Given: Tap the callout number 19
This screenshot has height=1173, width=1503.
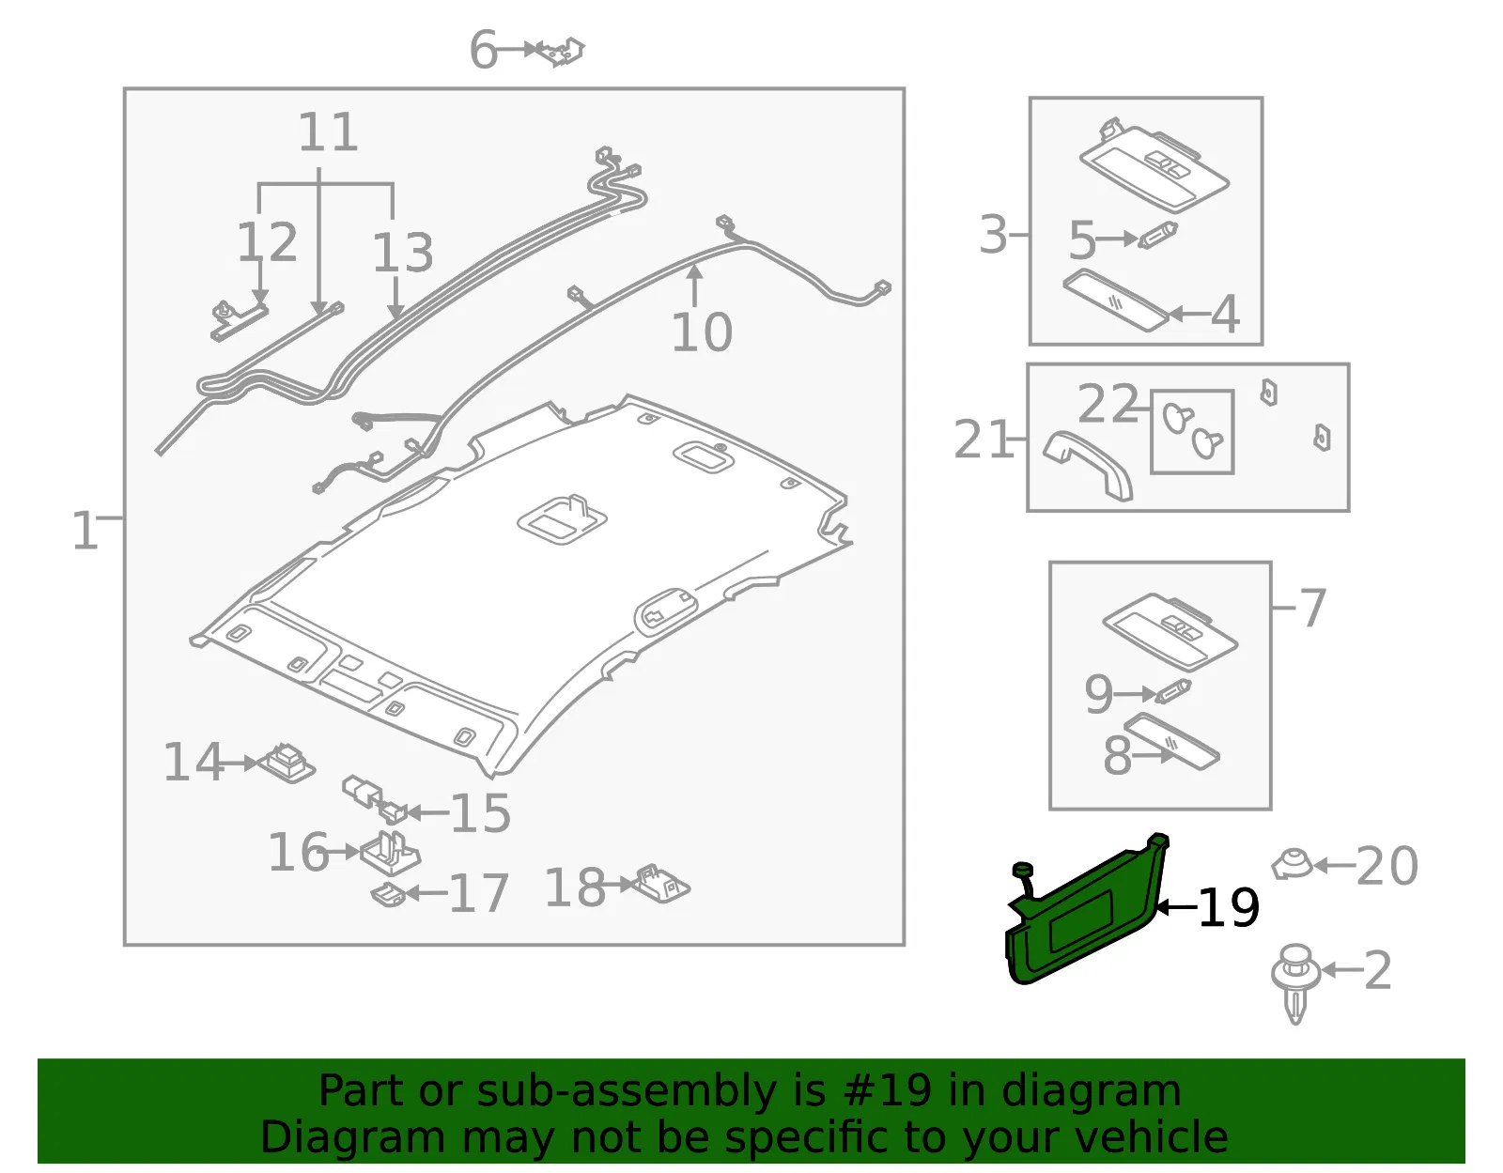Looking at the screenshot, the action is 1229,907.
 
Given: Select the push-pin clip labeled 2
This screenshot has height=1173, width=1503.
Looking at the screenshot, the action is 1294,984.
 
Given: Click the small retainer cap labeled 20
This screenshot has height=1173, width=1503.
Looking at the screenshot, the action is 1292,864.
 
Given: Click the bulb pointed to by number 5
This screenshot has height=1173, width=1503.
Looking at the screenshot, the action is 1158,235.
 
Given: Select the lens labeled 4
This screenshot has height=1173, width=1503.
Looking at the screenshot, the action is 1116,301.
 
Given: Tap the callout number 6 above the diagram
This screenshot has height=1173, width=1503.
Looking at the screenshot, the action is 483,50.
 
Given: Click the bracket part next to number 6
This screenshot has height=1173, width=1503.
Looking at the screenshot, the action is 560,51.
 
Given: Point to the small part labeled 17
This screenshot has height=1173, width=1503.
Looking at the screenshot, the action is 389,894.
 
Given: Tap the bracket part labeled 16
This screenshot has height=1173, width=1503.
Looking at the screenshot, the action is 390,852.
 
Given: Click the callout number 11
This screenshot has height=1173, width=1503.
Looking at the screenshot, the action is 328,131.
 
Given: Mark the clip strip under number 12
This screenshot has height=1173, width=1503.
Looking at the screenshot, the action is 239,321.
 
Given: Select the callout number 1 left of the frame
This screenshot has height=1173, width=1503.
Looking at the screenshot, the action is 85,531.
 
